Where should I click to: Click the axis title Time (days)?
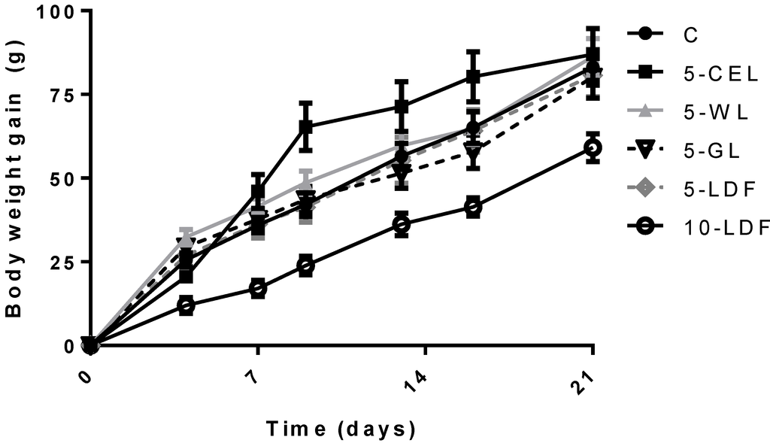(x=340, y=429)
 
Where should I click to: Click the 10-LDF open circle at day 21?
(x=593, y=148)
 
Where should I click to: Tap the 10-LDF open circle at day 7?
(x=258, y=289)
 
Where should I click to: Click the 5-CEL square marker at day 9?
(x=305, y=127)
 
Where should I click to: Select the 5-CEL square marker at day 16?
(x=473, y=77)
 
